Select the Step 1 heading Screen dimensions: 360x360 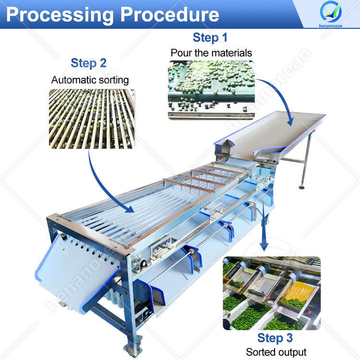[x=210, y=37]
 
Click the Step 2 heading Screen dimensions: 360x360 [x=89, y=63]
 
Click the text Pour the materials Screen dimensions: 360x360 [x=211, y=53]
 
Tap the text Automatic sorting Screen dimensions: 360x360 [x=90, y=80]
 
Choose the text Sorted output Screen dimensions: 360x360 [x=276, y=352]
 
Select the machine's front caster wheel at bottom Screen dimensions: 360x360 [x=130, y=348]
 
